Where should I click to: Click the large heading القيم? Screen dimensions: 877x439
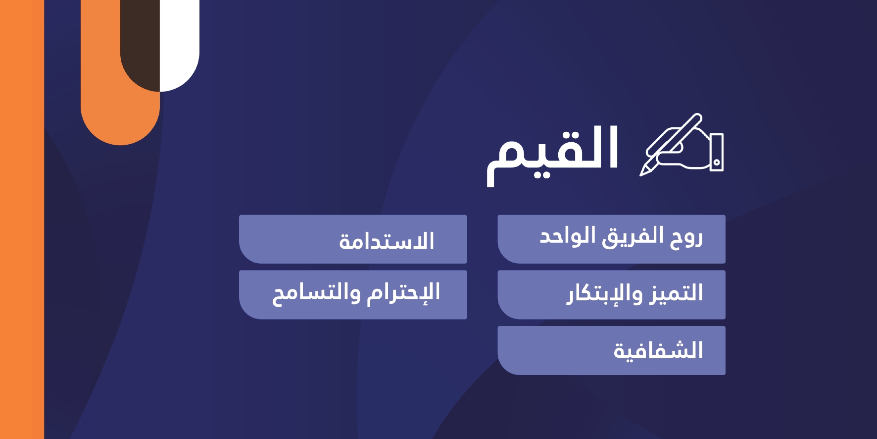(x=553, y=154)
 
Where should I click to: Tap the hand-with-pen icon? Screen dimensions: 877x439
(x=682, y=144)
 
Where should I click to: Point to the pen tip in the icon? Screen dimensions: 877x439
(x=642, y=173)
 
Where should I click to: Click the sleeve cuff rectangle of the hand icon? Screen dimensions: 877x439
(x=717, y=153)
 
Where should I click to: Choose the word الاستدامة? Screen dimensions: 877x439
(x=387, y=241)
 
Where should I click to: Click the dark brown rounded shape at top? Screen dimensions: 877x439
(x=140, y=45)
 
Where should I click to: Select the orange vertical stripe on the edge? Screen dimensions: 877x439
(x=22, y=219)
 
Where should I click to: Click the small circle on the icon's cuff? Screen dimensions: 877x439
(x=717, y=162)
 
